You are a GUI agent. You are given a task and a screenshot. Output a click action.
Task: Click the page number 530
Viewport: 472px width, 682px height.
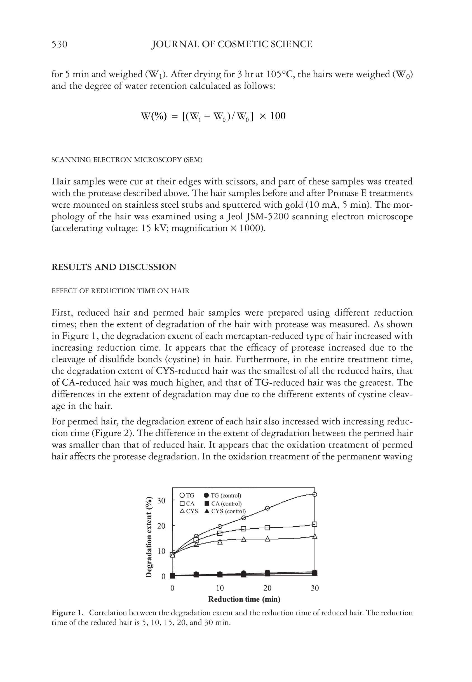coord(59,44)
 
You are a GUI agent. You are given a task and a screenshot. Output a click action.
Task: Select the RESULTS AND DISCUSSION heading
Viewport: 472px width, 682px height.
coord(114,267)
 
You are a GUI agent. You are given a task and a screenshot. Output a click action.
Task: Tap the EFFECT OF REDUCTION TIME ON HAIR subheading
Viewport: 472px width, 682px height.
coord(120,291)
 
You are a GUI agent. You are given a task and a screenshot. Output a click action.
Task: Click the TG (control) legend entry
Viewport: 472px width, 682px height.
coord(223,495)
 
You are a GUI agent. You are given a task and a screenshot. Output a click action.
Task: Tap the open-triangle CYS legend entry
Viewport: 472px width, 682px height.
coord(189,511)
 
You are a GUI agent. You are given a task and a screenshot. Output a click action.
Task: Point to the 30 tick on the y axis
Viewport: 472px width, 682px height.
coord(161,501)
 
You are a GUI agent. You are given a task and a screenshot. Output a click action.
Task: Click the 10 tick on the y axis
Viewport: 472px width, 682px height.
coord(161,551)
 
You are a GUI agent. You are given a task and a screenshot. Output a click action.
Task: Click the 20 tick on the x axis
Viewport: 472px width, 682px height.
coord(267,588)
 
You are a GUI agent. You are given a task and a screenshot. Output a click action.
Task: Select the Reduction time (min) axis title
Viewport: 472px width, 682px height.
coord(244,599)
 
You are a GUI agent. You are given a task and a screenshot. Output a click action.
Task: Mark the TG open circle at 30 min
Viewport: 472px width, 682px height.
coord(315,494)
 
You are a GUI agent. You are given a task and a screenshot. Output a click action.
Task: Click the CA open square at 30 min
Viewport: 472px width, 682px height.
coord(315,524)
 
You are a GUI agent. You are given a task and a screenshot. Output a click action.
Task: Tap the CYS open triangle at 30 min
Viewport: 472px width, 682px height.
coord(315,536)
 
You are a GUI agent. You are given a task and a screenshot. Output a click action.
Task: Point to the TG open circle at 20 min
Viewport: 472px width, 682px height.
coord(267,508)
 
